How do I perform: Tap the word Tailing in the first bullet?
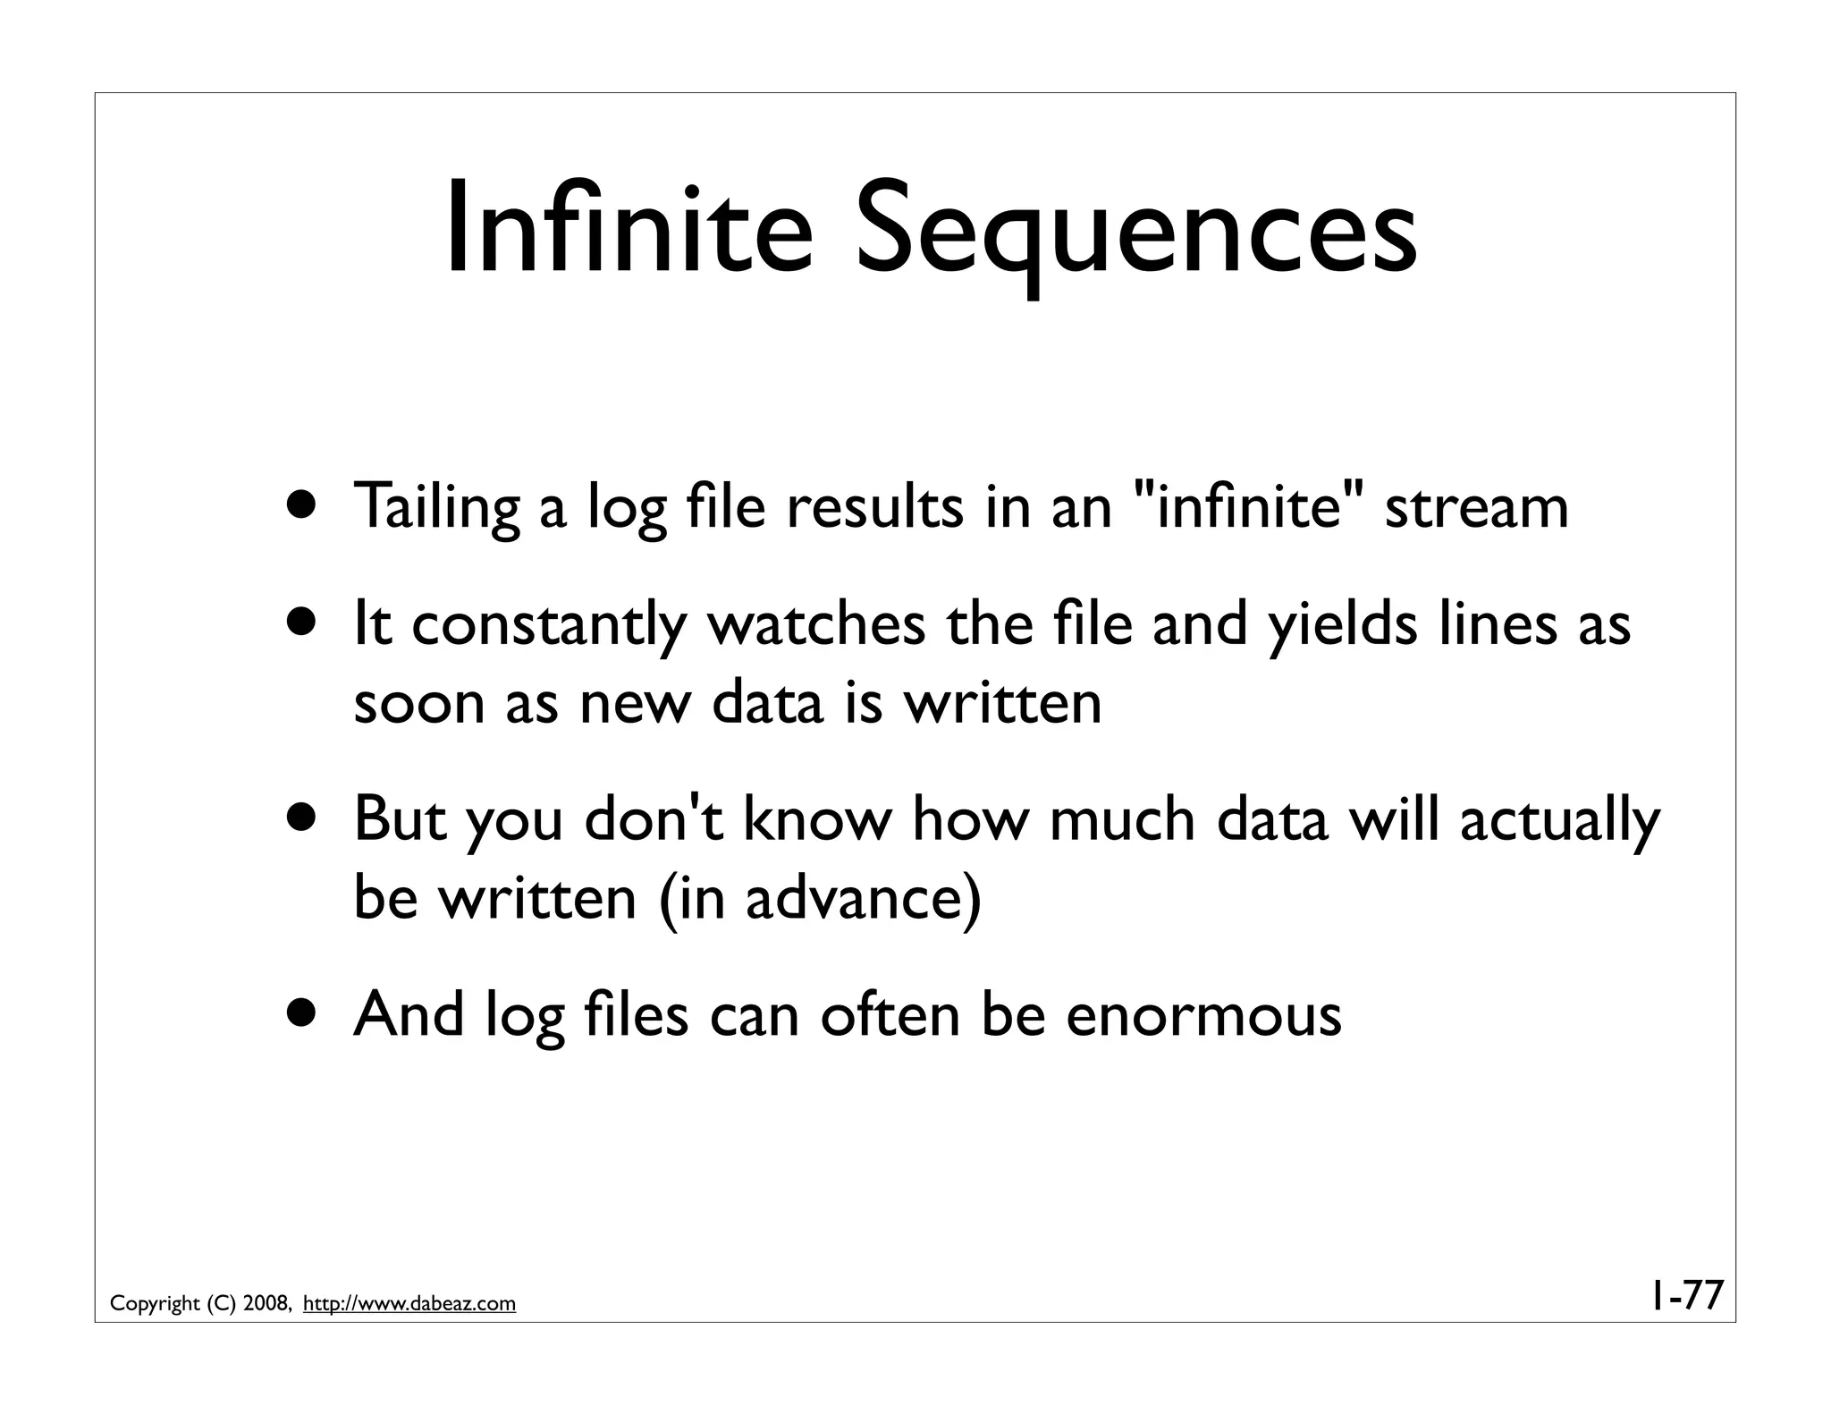[x=436, y=507]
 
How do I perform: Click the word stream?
[x=1476, y=507]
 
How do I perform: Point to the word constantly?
[x=547, y=626]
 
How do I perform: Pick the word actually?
[x=1559, y=821]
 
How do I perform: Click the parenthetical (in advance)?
[x=819, y=898]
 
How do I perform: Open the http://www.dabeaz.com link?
[x=409, y=1304]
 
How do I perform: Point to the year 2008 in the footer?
[x=265, y=1304]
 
